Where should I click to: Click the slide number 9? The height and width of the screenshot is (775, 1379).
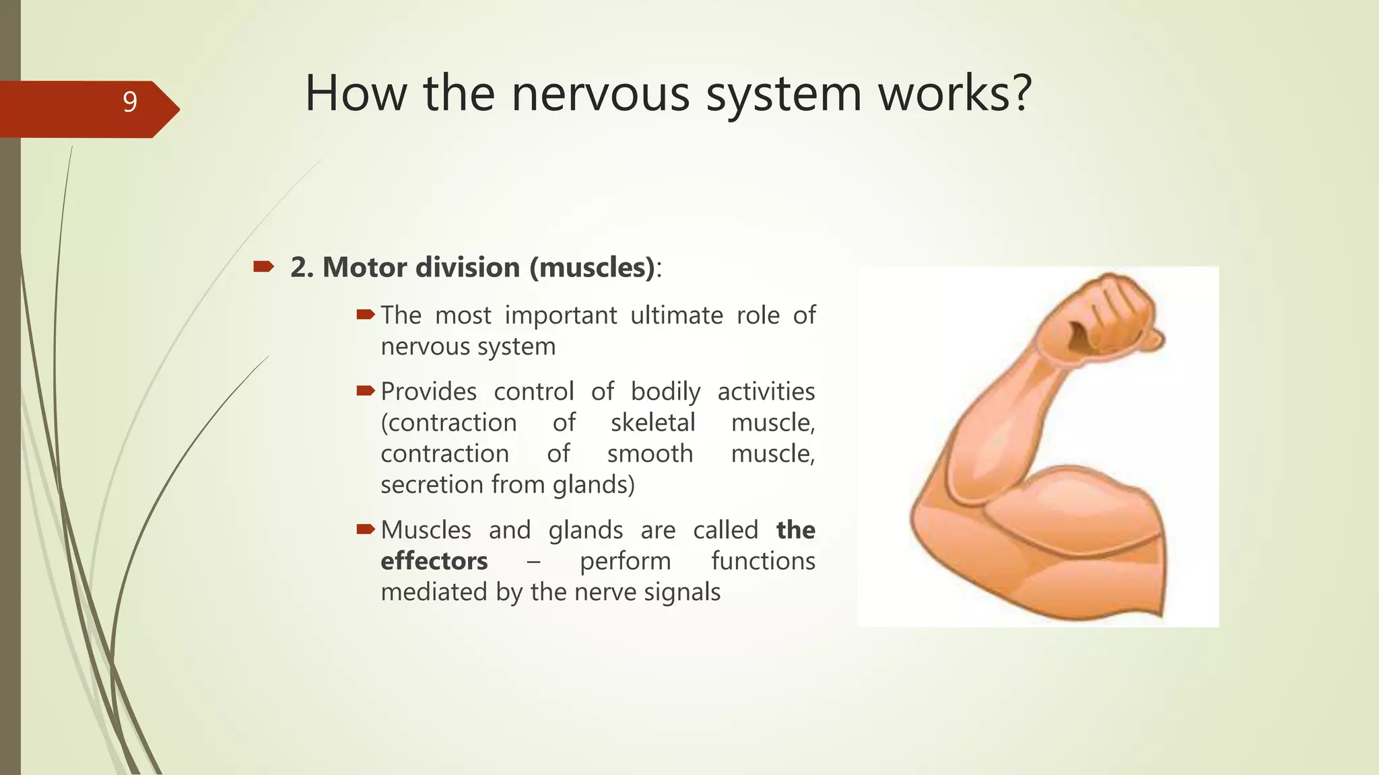[130, 102]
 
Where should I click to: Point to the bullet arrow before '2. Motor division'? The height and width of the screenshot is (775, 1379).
[263, 267]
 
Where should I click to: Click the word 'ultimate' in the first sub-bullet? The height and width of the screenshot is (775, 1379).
[676, 315]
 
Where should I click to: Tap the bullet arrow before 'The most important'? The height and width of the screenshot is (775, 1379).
[366, 314]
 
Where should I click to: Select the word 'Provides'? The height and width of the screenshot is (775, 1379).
[429, 391]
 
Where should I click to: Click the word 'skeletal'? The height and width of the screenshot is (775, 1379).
[652, 422]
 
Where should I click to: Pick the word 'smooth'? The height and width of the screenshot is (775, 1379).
[650, 453]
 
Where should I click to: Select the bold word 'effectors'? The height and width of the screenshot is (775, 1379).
[434, 561]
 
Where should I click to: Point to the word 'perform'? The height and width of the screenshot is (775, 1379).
[625, 561]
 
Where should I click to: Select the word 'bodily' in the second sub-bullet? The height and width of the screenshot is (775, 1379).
[665, 391]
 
